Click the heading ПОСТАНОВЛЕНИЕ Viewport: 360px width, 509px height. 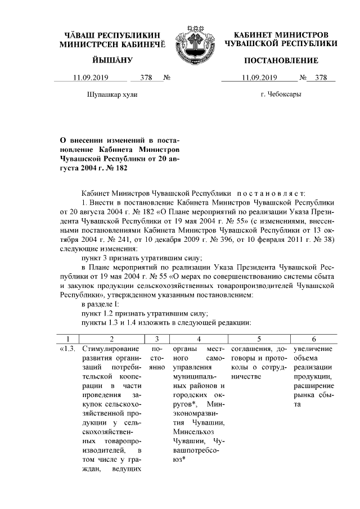pos(281,61)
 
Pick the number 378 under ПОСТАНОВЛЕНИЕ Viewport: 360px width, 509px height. pos(321,78)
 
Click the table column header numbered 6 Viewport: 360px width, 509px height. pos(313,339)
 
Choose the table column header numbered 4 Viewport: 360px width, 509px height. pos(199,339)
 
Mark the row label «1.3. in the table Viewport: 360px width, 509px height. pos(69,349)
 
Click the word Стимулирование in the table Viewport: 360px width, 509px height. pos(109,349)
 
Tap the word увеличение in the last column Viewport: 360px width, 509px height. pos(312,349)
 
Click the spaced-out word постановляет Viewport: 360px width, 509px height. pos(269,193)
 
